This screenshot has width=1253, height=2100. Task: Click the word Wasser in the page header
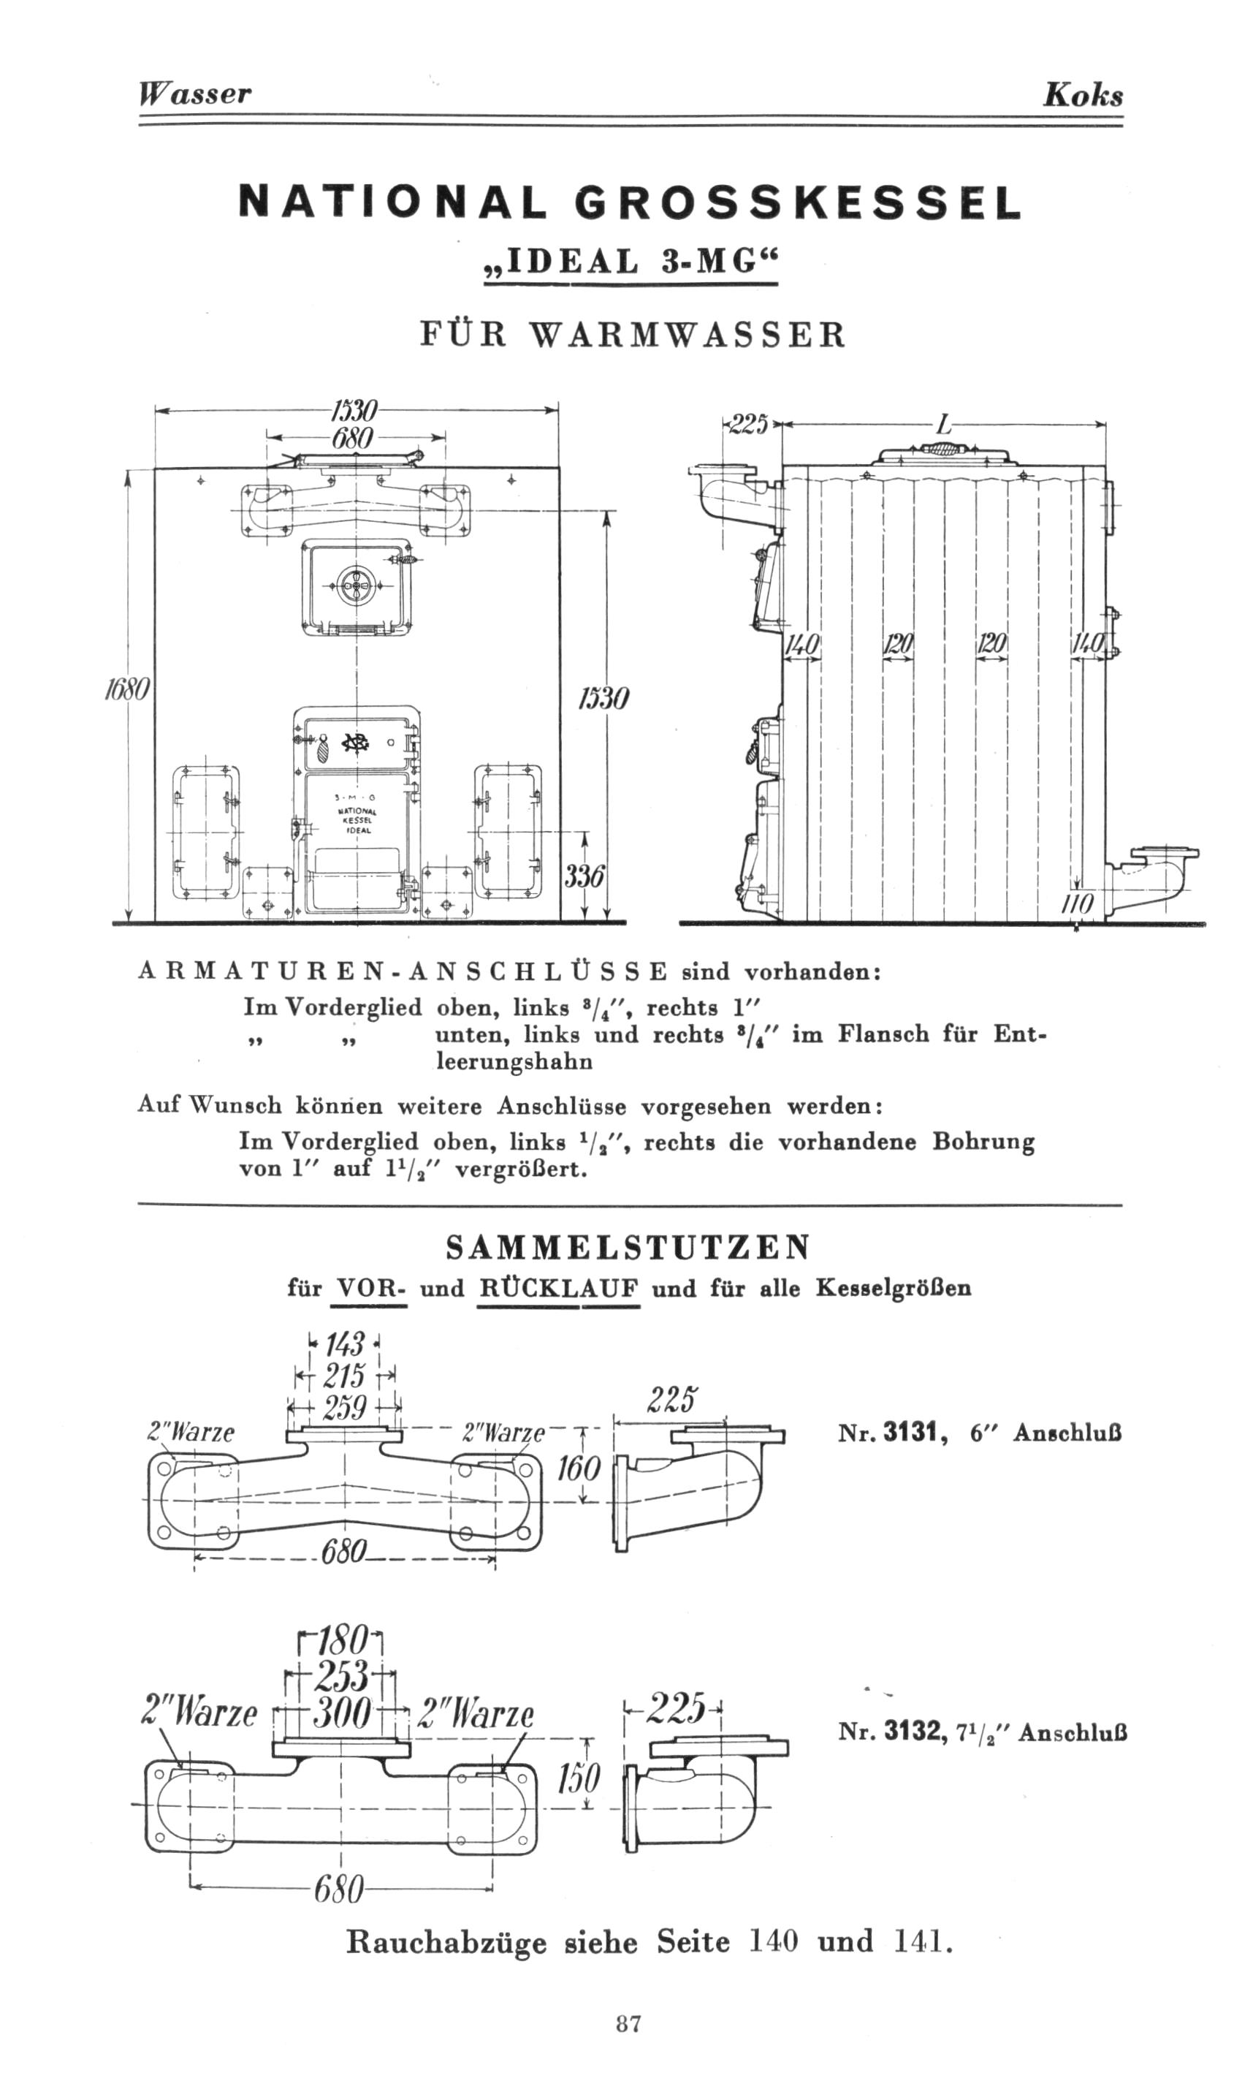195,93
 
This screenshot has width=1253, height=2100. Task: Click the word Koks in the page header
1083,94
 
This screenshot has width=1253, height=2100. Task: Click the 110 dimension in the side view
1078,905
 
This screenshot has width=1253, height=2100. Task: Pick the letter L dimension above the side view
943,425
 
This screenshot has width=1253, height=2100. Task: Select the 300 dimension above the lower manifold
343,1715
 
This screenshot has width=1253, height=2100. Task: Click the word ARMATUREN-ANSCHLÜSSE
403,971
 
